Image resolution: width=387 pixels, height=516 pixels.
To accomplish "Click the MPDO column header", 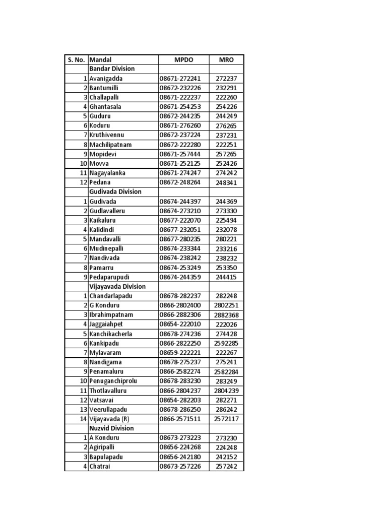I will coord(184,59).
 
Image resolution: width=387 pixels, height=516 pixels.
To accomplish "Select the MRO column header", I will coord(226,59).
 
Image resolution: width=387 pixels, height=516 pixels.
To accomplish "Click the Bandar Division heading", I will coord(112,69).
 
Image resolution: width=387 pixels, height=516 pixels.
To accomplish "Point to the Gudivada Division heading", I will coord(115,192).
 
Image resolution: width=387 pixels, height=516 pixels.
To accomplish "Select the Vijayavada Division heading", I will coord(117,287).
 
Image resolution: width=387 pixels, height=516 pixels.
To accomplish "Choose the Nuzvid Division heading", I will coord(112,428).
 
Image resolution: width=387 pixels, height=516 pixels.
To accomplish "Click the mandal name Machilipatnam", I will coord(110,145).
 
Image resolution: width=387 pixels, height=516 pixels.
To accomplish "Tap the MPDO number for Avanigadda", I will coord(180,79).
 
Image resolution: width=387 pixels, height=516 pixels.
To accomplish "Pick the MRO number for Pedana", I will coord(226,183).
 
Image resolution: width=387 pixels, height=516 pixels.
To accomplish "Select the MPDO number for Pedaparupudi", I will coord(180,277).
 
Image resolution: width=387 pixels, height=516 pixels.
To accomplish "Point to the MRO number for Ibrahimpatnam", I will coord(226,315).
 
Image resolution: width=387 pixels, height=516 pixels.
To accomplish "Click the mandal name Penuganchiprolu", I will coord(113,381).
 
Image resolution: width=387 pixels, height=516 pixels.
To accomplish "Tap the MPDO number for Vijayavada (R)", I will coord(180,419).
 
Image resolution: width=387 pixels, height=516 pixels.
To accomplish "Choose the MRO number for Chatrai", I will coord(226,467).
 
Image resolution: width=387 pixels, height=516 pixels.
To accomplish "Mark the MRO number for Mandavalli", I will coord(226,239).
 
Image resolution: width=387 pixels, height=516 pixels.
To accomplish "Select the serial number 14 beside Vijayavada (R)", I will coord(83,419).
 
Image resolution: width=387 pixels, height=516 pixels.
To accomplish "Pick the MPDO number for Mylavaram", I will coord(180,353).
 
